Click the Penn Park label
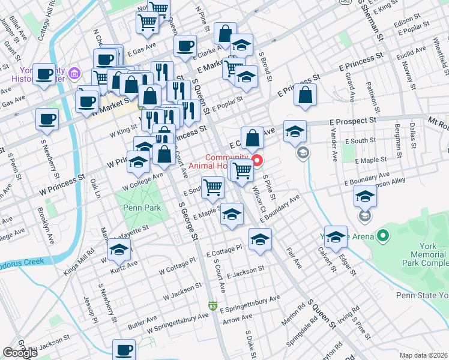[x=138, y=208]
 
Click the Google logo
[x=20, y=353]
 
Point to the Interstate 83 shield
[x=212, y=305]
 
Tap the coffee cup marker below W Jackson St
[x=124, y=350]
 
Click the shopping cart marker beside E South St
[x=213, y=188]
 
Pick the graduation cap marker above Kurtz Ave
[x=119, y=249]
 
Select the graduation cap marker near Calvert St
[x=336, y=236]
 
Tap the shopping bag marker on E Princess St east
[x=305, y=94]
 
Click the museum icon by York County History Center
[x=74, y=74]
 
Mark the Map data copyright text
[x=423, y=355]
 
